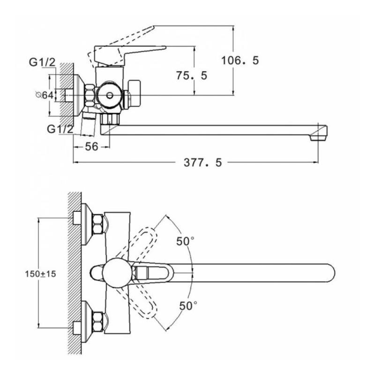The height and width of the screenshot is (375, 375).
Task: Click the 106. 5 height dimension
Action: coord(240,60)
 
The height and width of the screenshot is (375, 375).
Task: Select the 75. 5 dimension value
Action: coord(191,75)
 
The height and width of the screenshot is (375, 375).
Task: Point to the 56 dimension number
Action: coord(91,147)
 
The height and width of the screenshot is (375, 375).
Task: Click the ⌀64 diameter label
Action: coord(44,95)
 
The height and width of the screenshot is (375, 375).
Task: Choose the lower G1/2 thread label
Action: coord(60,128)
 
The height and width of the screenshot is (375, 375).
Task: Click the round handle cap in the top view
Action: coord(115,272)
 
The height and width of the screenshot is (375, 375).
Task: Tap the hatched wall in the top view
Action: coord(74,272)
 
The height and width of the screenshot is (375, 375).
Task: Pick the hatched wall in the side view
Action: coord(70,89)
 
